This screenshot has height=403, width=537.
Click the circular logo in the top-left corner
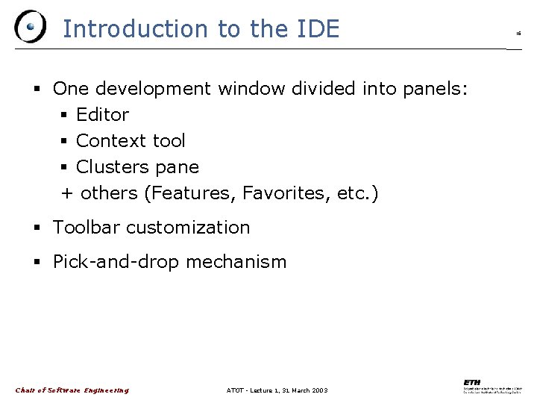pos(30,28)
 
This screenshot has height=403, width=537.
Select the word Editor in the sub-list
pos(102,115)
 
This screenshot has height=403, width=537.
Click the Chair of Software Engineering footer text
pos(72,390)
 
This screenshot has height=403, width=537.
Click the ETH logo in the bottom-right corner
pos(493,387)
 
